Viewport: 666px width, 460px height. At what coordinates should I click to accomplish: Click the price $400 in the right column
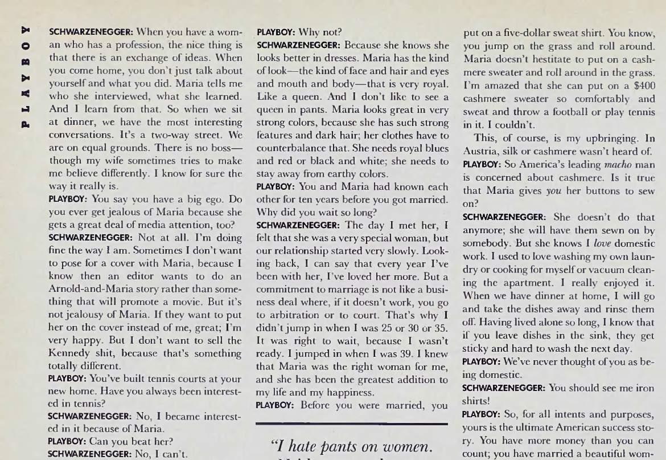[x=644, y=85]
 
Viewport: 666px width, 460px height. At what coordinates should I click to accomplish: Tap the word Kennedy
[x=67, y=353]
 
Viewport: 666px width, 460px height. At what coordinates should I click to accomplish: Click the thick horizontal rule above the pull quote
[x=352, y=424]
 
